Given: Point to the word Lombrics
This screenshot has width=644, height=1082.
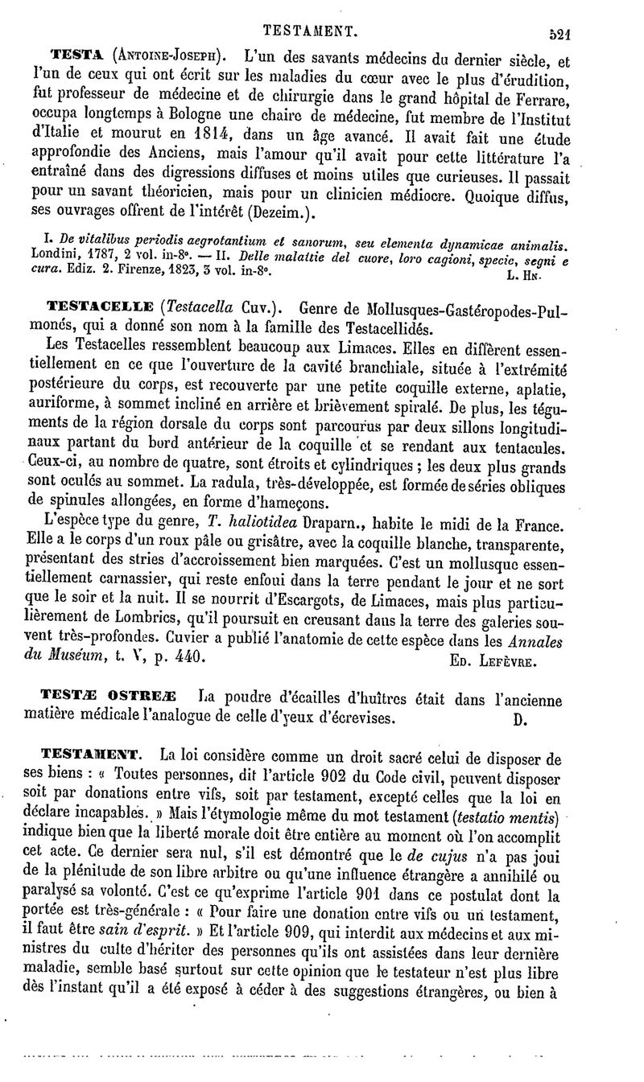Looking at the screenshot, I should click(x=168, y=622).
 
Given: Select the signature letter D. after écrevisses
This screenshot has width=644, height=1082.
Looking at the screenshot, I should click(x=520, y=718).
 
